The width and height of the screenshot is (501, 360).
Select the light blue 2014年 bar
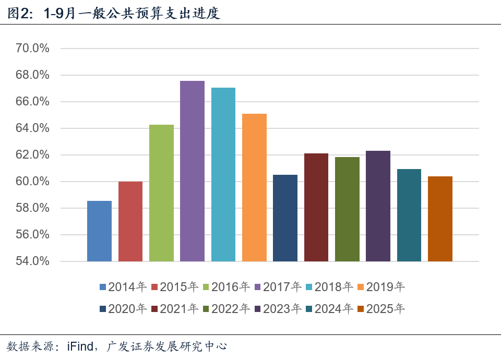pyautogui.click(x=99, y=231)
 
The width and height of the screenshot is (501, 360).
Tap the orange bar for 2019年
pyautogui.click(x=254, y=187)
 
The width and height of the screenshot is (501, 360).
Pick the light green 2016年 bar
pyautogui.click(x=161, y=193)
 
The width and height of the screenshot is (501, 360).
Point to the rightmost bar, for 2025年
pyautogui.click(x=440, y=219)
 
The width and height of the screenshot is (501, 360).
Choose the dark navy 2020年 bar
pyautogui.click(x=285, y=218)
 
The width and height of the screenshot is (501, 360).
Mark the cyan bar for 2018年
pyautogui.click(x=223, y=174)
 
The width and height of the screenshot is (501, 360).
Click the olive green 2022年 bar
pyautogui.click(x=347, y=209)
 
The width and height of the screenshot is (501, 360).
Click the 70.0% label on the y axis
pyautogui.click(x=32, y=49)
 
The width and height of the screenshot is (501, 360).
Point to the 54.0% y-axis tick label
pyautogui.click(x=32, y=261)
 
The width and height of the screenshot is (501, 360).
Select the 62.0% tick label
pyautogui.click(x=32, y=155)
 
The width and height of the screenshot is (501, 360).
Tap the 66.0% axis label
pyautogui.click(x=32, y=102)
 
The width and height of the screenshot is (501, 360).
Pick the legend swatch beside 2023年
pyautogui.click(x=257, y=309)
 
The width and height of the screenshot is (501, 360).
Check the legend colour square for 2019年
pyautogui.click(x=361, y=287)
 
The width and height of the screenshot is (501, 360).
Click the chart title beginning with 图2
pyautogui.click(x=114, y=13)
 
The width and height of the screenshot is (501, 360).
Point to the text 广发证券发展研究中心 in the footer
pyautogui.click(x=167, y=346)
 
